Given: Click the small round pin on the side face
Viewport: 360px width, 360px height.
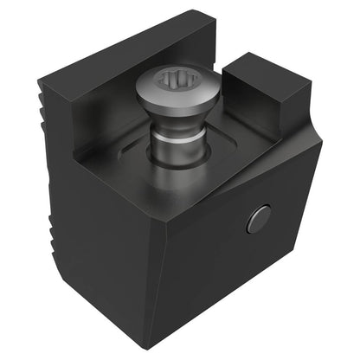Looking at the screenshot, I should click(259, 220).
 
